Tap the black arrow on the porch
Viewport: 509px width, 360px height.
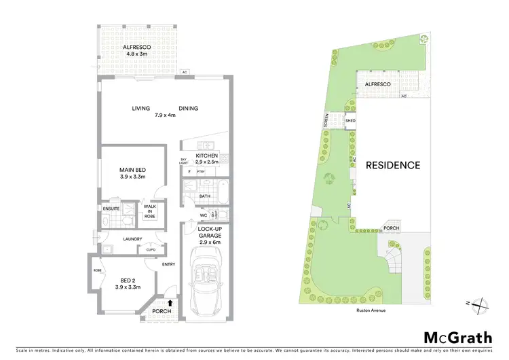click(170, 304)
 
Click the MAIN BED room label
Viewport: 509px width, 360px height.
click(132, 173)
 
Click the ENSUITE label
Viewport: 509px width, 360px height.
click(111, 209)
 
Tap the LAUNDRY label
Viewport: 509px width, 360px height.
click(132, 238)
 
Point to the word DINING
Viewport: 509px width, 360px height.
click(189, 109)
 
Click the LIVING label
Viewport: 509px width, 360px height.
click(141, 109)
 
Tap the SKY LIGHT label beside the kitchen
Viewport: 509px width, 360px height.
click(183, 160)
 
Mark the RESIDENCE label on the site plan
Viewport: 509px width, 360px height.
click(393, 165)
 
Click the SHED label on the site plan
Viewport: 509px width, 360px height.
click(351, 121)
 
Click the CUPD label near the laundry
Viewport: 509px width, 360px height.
click(151, 249)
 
